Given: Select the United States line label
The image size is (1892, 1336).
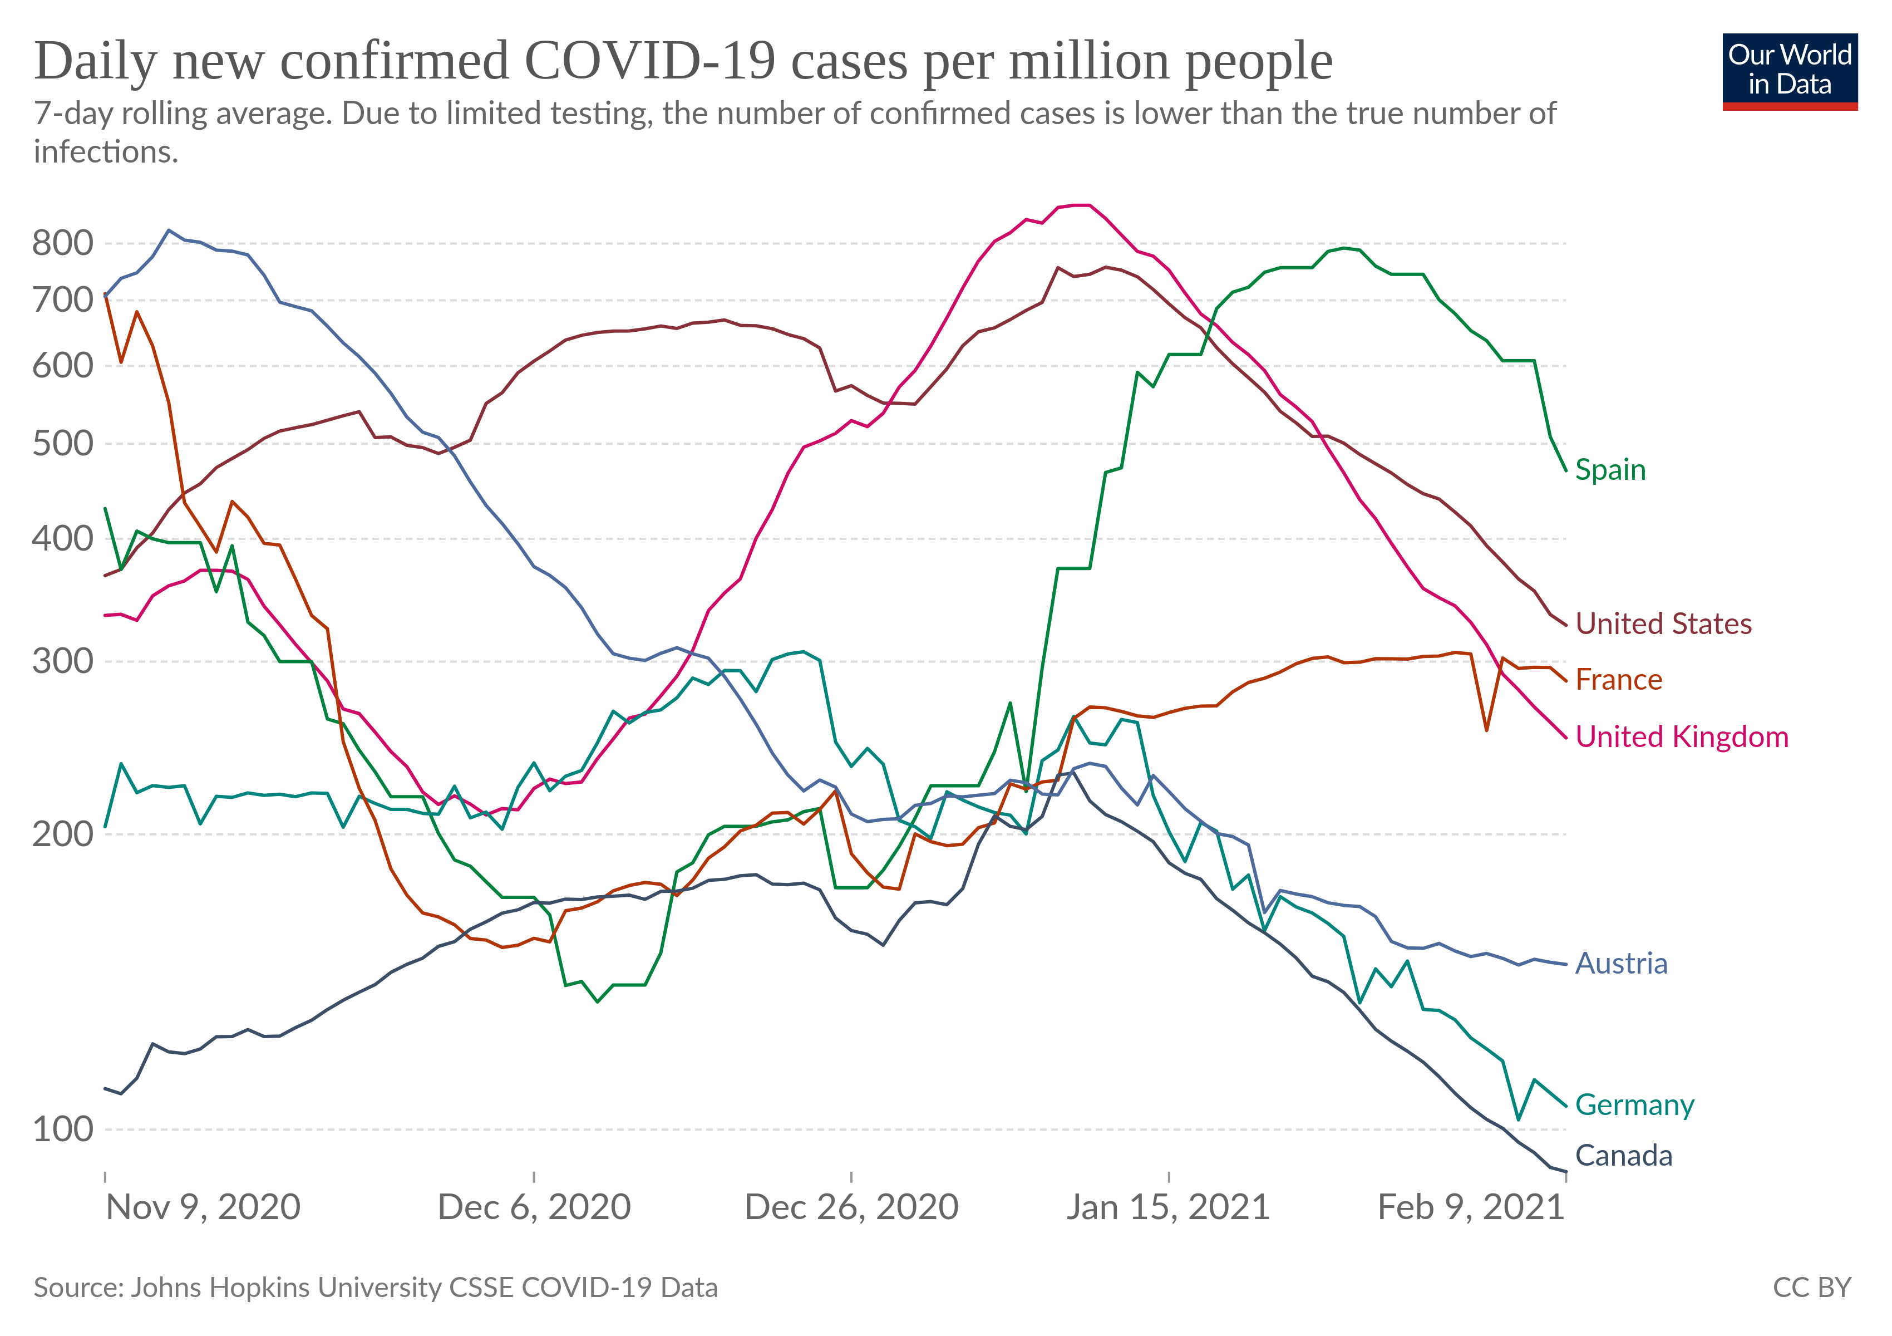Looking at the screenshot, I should coord(1663,624).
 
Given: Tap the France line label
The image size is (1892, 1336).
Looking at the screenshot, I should coord(1618,680).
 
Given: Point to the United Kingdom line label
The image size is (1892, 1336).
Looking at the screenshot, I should coord(1681,737).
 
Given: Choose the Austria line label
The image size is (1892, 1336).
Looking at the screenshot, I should coord(1621,964).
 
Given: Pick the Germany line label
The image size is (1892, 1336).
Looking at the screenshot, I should coord(1634,1104).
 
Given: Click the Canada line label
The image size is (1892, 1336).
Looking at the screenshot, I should coord(1623,1156).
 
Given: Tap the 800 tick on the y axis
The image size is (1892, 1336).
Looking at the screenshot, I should coord(63,243).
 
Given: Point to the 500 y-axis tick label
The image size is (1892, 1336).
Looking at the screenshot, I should coord(63,444).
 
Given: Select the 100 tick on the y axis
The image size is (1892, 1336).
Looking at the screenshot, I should coord(63,1129).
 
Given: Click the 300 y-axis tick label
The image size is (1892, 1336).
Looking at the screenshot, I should coord(63,661).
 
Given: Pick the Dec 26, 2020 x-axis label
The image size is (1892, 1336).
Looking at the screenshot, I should coord(851,1207).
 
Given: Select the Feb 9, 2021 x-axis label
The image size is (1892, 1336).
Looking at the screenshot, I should coord(1471,1207).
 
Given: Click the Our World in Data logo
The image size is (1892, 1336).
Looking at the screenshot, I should coord(1790,71).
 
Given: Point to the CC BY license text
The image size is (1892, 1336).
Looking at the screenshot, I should coord(1811,1288).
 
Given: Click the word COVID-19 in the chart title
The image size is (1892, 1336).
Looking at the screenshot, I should coord(649,62).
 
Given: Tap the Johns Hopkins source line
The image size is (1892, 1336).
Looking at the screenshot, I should coord(376,1288).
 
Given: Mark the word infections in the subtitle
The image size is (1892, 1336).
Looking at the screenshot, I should coord(106,153).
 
